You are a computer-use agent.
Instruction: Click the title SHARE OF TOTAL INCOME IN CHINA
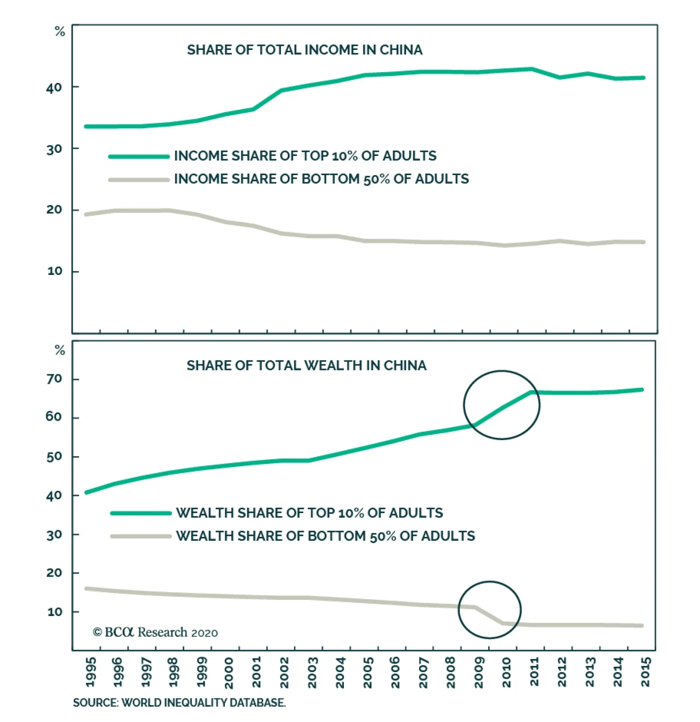(x=304, y=50)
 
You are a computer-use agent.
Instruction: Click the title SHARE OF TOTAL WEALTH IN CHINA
(x=306, y=366)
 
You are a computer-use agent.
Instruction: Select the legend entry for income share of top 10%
(x=305, y=156)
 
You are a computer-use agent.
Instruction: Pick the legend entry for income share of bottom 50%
(x=321, y=179)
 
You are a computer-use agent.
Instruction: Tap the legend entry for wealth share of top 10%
(x=309, y=513)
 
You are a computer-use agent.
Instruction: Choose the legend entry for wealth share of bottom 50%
(x=325, y=536)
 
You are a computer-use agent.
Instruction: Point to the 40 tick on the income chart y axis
(x=54, y=88)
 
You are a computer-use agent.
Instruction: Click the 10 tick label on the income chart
(x=55, y=271)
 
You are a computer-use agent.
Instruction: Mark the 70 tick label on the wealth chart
(x=54, y=379)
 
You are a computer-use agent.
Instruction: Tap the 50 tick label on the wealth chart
(x=54, y=457)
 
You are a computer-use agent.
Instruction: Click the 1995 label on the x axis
(x=91, y=673)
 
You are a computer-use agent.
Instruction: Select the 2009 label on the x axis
(x=479, y=673)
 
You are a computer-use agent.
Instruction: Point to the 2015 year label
(x=646, y=673)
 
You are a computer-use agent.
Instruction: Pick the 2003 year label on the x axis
(x=312, y=673)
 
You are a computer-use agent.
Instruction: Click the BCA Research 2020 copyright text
(x=155, y=633)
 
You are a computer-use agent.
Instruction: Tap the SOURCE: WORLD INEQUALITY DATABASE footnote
(x=179, y=703)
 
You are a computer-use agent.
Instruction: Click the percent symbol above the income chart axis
(x=60, y=32)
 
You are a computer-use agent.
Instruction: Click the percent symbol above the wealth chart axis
(x=60, y=350)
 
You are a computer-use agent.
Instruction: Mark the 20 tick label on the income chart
(x=54, y=210)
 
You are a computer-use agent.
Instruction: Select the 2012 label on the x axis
(x=562, y=673)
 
